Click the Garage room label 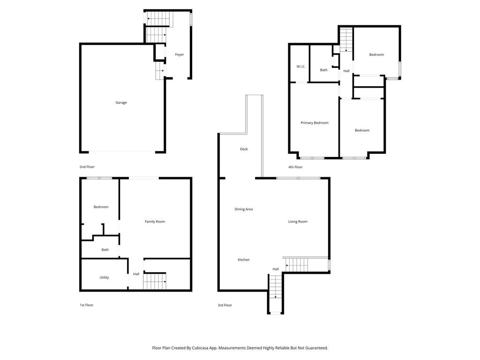(x=121, y=103)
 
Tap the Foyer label (x=180, y=54)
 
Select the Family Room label (x=155, y=222)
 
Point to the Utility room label (x=104, y=277)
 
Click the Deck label (x=244, y=149)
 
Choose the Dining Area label (x=244, y=210)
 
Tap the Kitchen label (x=244, y=260)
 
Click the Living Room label (x=298, y=222)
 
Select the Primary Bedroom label (x=315, y=123)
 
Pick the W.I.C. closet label (x=301, y=67)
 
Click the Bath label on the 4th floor (x=323, y=70)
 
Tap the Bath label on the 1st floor (x=105, y=250)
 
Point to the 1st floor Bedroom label (x=101, y=207)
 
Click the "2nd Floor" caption (x=87, y=167)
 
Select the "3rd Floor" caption (x=225, y=305)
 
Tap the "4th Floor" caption (x=295, y=167)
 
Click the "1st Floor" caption (x=87, y=305)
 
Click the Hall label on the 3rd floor (x=276, y=270)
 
